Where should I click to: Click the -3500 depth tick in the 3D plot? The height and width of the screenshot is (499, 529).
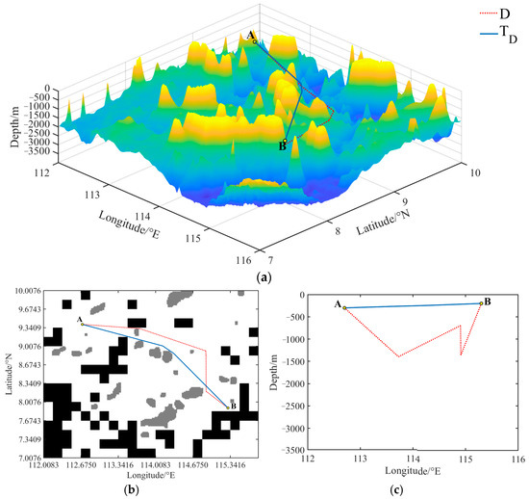[38, 151]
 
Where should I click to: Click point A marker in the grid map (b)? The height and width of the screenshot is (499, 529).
[84, 325]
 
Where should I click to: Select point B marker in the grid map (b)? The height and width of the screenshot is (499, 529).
[228, 407]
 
